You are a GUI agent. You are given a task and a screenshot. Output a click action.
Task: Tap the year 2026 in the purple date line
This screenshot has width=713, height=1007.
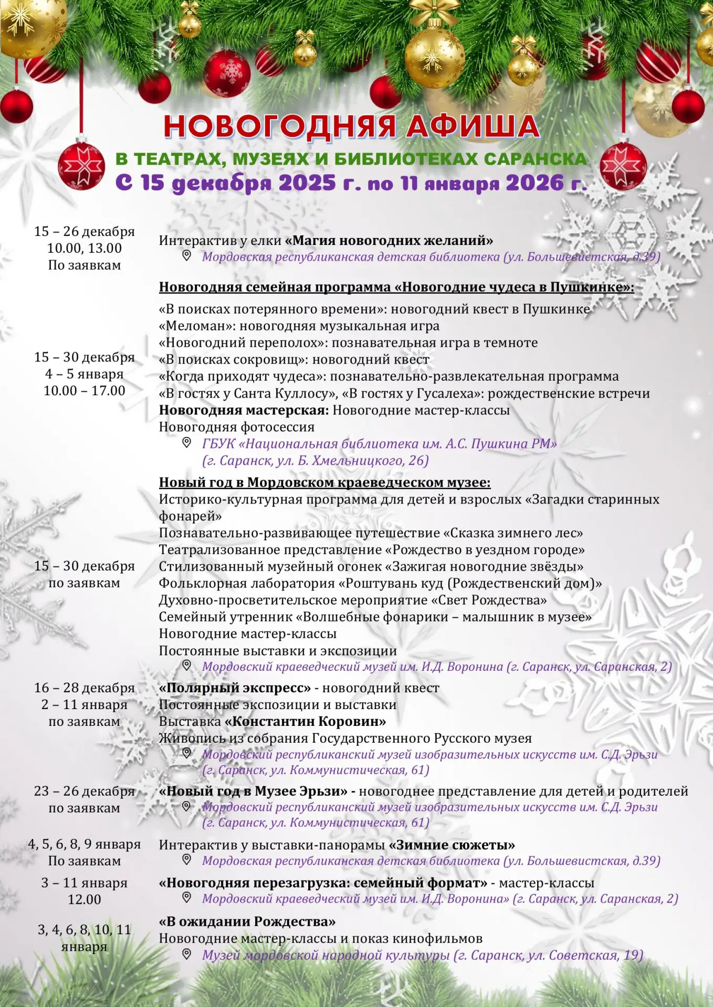tap(534, 183)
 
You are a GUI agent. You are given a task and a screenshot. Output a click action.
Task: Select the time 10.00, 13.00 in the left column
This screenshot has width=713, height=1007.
tap(85, 248)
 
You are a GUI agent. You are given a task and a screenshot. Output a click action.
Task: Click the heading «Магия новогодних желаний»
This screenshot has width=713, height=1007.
tap(389, 241)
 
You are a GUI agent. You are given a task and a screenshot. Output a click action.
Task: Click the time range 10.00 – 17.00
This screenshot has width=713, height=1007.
tap(85, 391)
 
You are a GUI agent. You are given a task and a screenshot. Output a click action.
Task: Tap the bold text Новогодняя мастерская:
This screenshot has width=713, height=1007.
tap(244, 410)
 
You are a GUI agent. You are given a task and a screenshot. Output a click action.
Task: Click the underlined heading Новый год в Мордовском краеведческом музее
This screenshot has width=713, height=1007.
tap(324, 483)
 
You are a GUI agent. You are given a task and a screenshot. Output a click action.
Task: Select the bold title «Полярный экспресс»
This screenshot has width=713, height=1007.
tap(235, 688)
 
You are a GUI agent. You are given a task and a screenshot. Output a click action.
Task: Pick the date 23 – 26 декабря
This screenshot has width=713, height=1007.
tap(85, 791)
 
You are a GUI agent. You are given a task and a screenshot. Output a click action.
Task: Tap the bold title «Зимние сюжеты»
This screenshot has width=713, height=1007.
tap(452, 845)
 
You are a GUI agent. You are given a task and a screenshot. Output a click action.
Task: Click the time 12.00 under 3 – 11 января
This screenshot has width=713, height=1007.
tap(85, 899)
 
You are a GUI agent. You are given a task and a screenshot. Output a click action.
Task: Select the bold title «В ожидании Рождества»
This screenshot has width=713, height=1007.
tap(247, 922)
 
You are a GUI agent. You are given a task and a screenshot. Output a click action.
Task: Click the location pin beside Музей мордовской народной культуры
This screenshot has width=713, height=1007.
tap(186, 955)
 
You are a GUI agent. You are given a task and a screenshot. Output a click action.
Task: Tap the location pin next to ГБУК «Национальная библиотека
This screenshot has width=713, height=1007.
tap(186, 443)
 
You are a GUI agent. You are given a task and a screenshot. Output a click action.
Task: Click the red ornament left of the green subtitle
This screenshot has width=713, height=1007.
tap(81, 166)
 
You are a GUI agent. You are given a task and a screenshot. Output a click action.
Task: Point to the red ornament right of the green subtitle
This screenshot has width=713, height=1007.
tap(623, 166)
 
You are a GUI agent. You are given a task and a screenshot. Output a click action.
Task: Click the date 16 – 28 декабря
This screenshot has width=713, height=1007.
tap(85, 688)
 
